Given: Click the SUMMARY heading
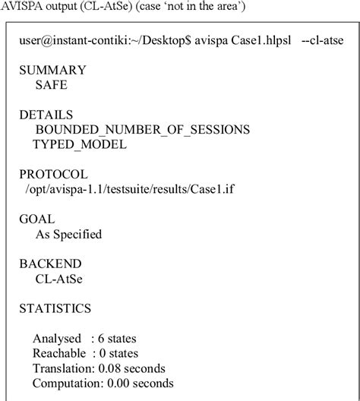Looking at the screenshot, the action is (52, 70).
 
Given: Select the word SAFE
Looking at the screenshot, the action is (52, 85).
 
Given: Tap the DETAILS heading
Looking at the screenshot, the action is (46, 115).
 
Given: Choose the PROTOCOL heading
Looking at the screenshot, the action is (53, 175).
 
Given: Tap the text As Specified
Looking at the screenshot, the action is (68, 234).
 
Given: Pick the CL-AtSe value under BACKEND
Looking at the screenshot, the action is (59, 279).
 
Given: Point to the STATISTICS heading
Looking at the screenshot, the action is (55, 308).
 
